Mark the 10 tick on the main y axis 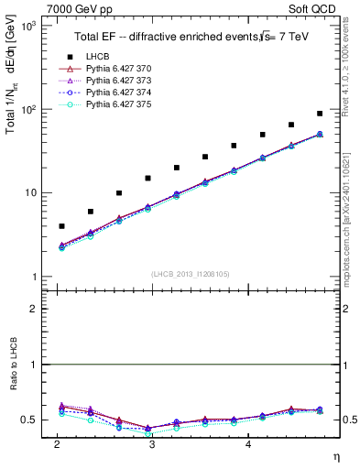click(28, 193)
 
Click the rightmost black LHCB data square click(320, 114)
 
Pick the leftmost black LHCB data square click(61, 225)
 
